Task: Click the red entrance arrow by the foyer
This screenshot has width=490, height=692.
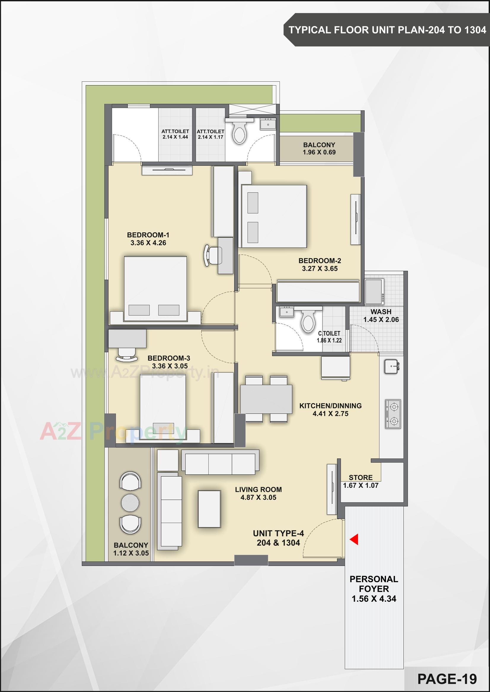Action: tap(354, 539)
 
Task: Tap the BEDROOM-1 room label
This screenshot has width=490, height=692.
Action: tap(148, 235)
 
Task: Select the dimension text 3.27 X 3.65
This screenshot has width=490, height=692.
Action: tap(320, 268)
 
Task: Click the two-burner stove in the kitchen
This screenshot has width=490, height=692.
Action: tap(393, 414)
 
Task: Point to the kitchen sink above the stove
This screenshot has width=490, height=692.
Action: tap(392, 366)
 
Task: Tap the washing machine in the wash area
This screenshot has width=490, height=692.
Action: tap(374, 292)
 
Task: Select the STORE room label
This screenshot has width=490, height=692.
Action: tap(360, 477)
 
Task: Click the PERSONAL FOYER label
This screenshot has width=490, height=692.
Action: tap(374, 584)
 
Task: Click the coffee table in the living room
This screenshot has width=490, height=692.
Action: tap(209, 509)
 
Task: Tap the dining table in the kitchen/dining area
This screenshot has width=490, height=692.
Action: tap(266, 399)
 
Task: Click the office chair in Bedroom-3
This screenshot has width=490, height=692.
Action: tap(127, 355)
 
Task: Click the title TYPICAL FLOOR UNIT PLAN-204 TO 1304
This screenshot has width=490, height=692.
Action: tap(387, 30)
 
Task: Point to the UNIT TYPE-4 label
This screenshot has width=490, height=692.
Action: tap(278, 533)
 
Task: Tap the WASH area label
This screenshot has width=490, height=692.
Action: tap(381, 312)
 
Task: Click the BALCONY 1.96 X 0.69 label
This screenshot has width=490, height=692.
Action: tap(319, 149)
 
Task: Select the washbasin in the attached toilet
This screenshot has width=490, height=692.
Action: tap(268, 124)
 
